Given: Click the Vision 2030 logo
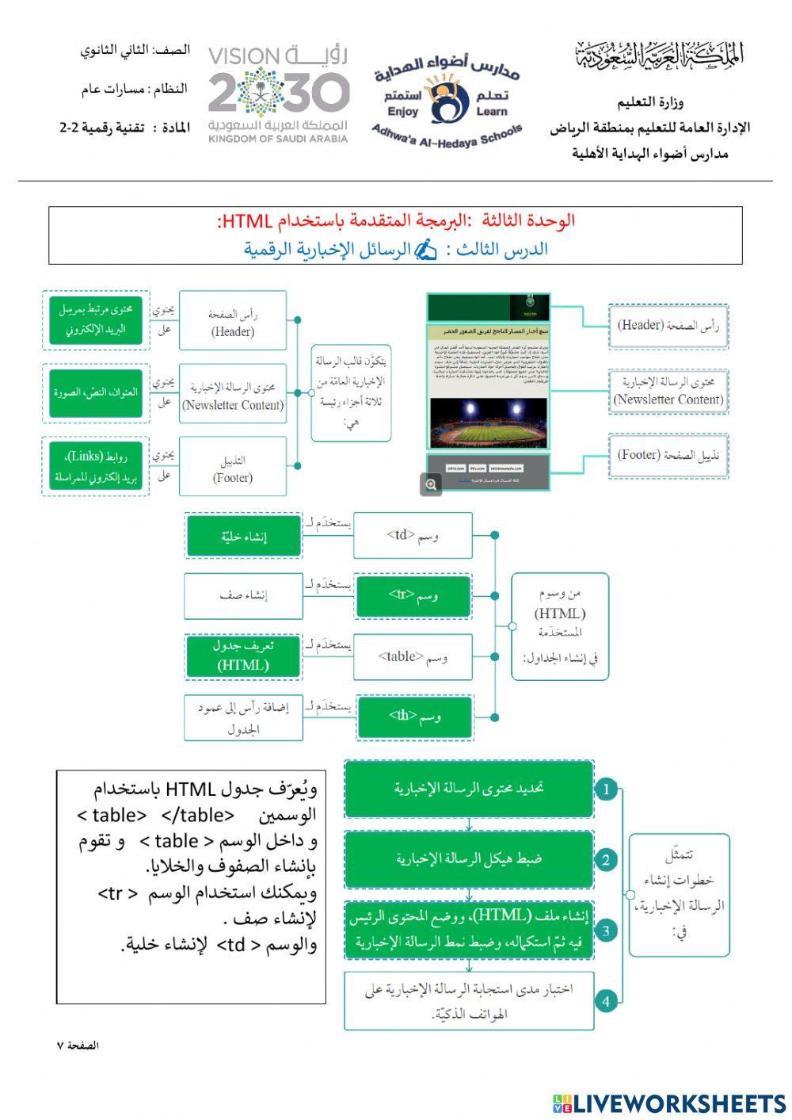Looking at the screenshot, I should point(278,94).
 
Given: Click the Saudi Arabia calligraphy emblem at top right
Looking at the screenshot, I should point(659,55).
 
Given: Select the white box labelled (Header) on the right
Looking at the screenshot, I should point(668,325).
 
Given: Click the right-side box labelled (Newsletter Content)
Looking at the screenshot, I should point(668,391).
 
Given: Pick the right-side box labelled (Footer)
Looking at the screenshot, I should point(668,455).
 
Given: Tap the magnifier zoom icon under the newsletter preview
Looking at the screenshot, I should point(431,484).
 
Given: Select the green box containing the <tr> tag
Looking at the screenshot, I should point(413,596).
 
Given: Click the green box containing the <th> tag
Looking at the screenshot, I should point(413,717).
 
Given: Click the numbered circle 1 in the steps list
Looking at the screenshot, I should point(606,789).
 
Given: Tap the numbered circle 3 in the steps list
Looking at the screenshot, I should point(606,931).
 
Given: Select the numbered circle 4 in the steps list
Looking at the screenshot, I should point(606,1001).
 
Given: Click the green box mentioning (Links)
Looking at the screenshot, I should point(95,467).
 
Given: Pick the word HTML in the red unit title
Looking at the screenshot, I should point(247,221).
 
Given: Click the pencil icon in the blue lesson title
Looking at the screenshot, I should point(426,250).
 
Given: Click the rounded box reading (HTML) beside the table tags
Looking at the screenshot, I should point(560,626).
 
